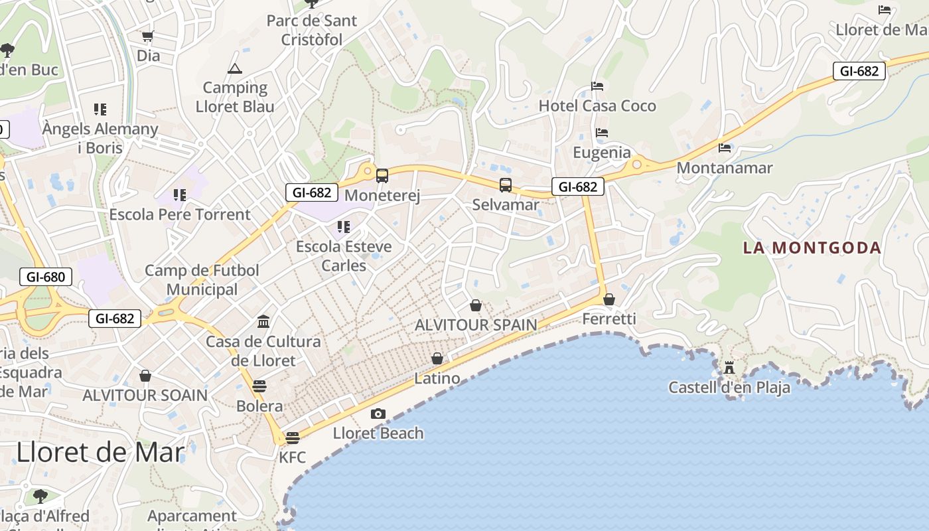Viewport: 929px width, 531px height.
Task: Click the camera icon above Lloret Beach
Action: click(378, 414)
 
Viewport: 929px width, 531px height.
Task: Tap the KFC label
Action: click(292, 457)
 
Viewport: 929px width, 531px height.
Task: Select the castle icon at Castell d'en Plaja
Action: click(729, 368)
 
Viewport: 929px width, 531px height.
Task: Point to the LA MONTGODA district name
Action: click(812, 248)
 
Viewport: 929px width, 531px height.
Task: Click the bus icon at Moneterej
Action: click(382, 176)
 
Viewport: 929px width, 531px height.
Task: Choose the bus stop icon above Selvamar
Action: click(506, 185)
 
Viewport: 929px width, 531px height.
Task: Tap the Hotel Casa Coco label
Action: click(597, 106)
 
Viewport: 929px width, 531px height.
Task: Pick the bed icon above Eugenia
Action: click(602, 133)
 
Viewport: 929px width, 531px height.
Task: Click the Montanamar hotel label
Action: click(725, 168)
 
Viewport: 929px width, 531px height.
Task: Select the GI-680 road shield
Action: click(46, 277)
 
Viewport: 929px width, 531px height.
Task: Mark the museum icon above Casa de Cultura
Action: click(263, 322)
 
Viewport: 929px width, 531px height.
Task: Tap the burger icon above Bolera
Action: click(259, 386)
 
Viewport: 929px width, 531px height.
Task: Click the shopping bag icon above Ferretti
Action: click(609, 299)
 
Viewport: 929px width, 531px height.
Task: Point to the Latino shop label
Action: click(437, 378)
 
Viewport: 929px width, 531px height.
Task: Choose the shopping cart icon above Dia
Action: click(148, 36)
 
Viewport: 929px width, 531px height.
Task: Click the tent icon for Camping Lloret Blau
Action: click(235, 68)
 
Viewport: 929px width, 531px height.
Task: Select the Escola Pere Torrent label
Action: click(180, 214)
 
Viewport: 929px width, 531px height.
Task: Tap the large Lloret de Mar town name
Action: click(100, 452)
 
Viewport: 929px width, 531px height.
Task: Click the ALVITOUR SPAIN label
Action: click(476, 325)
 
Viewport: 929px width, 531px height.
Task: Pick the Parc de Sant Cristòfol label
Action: click(312, 30)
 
